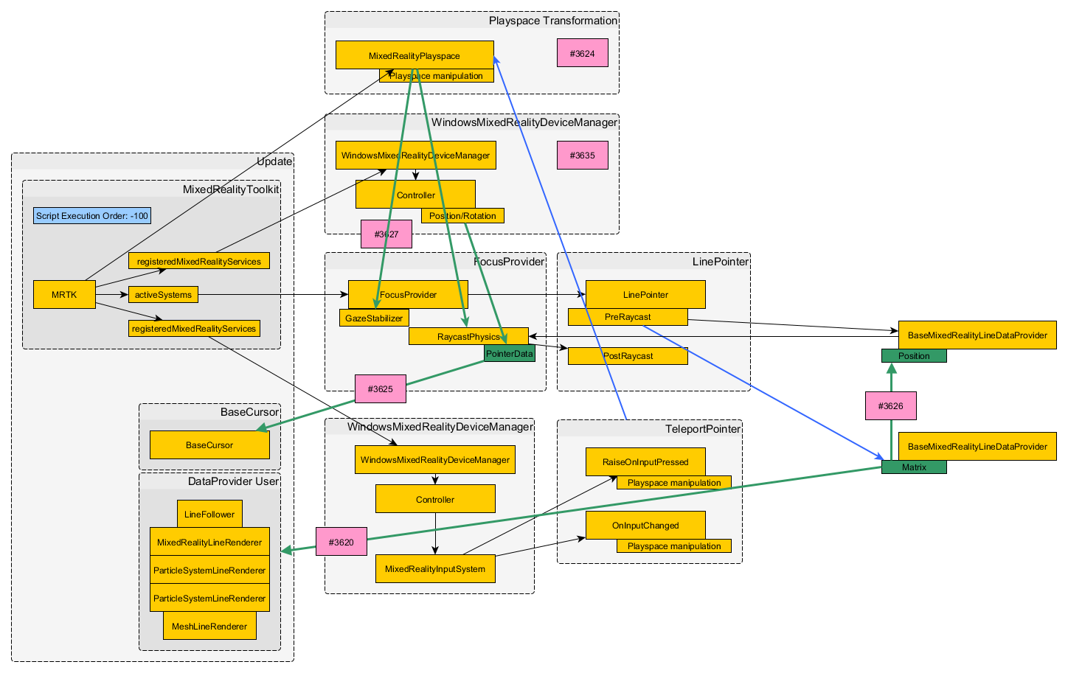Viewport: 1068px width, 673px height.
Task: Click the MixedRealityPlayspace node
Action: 414,55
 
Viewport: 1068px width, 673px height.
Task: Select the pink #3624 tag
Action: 582,54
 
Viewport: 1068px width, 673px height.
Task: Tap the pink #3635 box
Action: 582,156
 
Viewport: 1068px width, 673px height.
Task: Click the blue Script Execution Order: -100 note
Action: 92,216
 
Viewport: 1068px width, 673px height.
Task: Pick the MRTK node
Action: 64,295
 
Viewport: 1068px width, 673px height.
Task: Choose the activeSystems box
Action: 163,295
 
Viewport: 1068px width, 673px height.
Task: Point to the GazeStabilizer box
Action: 374,318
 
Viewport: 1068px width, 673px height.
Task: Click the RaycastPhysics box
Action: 468,337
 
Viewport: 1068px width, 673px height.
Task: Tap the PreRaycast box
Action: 627,317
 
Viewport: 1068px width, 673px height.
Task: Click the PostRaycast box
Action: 627,356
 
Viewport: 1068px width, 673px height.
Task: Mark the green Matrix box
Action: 913,467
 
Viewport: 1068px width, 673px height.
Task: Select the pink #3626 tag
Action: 890,406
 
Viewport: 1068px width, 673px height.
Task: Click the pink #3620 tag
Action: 341,542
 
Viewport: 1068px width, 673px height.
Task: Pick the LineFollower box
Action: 209,515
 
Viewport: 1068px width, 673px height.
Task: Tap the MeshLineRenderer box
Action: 209,627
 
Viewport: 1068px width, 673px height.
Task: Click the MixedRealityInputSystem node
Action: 434,569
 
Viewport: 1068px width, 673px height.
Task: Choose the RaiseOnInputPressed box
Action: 645,462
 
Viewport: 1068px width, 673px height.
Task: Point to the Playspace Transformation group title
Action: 552,21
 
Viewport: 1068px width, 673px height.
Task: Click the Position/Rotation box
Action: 462,216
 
